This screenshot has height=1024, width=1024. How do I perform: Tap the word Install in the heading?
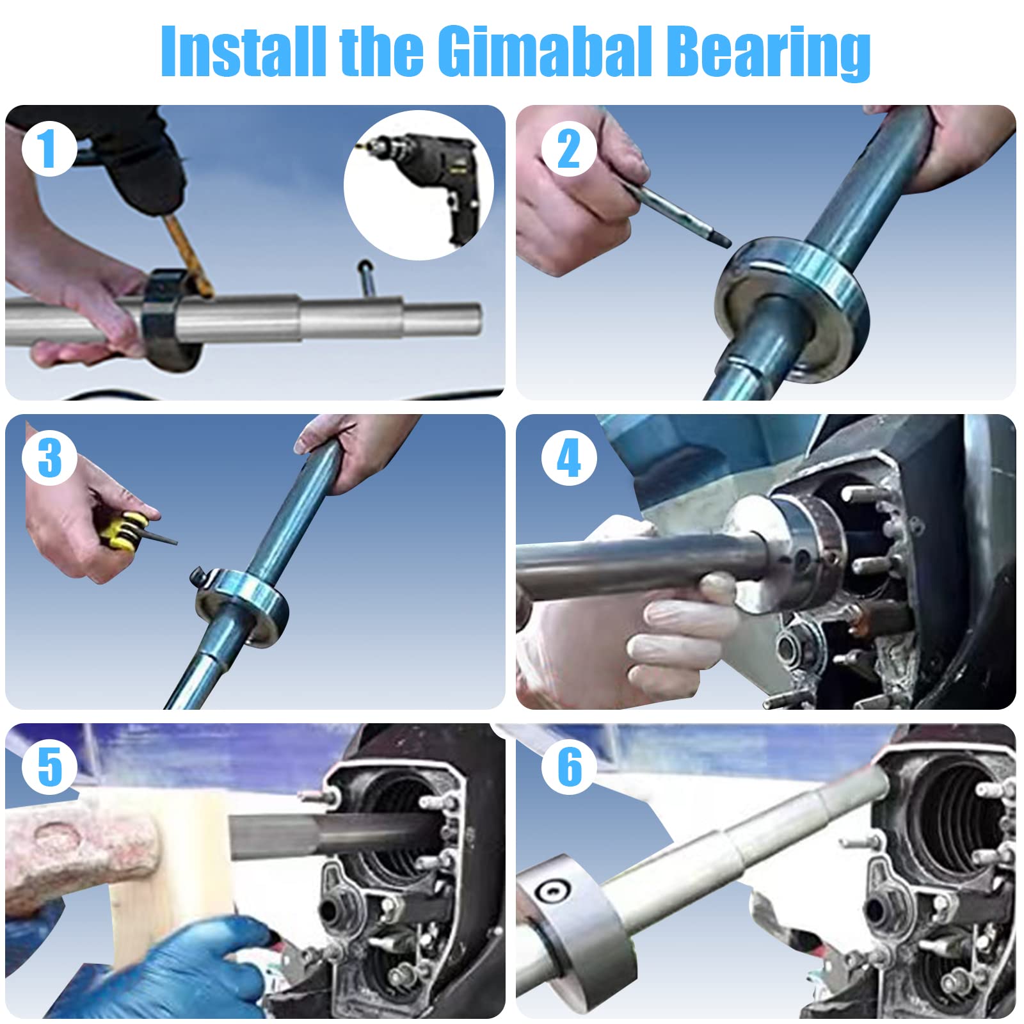click(x=243, y=51)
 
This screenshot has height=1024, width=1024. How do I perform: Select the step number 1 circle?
click(x=49, y=149)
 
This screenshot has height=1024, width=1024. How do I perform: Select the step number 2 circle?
click(x=568, y=149)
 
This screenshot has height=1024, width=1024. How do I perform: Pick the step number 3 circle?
click(x=49, y=458)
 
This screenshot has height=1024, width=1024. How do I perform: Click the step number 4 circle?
click(x=568, y=458)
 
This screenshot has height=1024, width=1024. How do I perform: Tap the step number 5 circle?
click(x=49, y=767)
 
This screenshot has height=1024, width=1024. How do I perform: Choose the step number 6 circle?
click(x=568, y=767)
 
